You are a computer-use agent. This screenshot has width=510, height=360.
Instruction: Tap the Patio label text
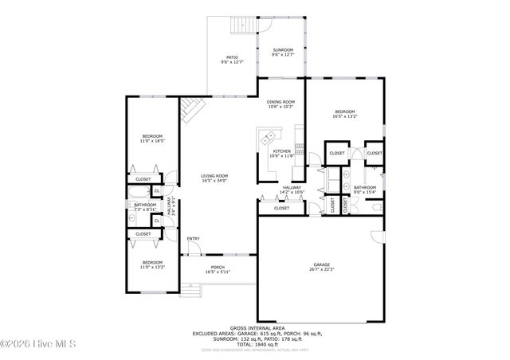click(232, 60)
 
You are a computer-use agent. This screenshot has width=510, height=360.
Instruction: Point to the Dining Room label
click(280, 104)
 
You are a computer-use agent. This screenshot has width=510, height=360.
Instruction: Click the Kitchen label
click(282, 154)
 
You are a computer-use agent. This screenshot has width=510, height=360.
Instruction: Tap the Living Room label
click(214, 178)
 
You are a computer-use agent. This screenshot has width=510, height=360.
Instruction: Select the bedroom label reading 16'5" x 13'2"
click(345, 114)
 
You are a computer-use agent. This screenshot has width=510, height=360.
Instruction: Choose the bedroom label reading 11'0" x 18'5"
click(151, 139)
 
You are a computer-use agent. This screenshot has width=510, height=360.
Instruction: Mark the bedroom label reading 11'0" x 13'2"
click(151, 264)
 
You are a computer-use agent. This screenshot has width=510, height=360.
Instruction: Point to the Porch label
click(218, 269)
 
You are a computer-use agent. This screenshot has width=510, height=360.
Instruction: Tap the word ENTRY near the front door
click(193, 239)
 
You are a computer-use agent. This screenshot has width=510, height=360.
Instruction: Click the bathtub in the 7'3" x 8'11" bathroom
click(132, 216)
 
